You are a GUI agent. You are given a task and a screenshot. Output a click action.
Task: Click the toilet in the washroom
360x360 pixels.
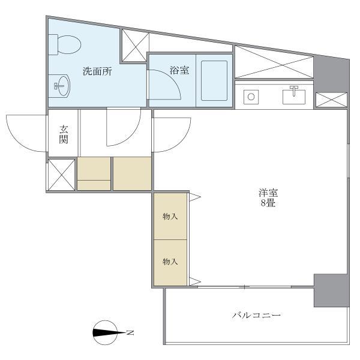tap(65, 45)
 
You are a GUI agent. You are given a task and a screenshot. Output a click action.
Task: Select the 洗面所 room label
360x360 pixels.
tap(97, 71)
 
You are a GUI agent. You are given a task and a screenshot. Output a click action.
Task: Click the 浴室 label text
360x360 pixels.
tap(179, 70)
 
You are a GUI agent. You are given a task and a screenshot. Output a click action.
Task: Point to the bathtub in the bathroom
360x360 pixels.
tap(214, 80)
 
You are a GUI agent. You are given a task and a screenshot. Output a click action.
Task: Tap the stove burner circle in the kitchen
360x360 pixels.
tap(251, 97)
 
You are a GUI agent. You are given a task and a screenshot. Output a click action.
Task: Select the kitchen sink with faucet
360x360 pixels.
tap(294, 95)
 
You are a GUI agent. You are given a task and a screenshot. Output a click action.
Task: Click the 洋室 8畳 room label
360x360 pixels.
tap(268, 197)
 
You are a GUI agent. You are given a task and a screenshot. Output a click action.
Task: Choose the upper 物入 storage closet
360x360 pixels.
tap(170, 216)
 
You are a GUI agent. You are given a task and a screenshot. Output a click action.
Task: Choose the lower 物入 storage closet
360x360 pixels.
tap(170, 263)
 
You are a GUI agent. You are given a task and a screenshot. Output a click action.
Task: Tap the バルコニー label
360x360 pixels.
tap(256, 315)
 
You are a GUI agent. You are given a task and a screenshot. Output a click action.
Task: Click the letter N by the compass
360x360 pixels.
tap(130, 332)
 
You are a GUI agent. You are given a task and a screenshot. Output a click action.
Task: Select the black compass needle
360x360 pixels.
tap(105, 332)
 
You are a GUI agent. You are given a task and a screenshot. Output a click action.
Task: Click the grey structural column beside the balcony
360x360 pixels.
tap(332, 290)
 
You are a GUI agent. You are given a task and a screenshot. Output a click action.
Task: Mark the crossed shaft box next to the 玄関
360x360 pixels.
tap(62, 175)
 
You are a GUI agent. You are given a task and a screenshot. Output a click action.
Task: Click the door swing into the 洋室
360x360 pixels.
tap(172, 135)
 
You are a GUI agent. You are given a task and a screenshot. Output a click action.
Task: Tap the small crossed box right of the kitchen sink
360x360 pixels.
tap(331, 100)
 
